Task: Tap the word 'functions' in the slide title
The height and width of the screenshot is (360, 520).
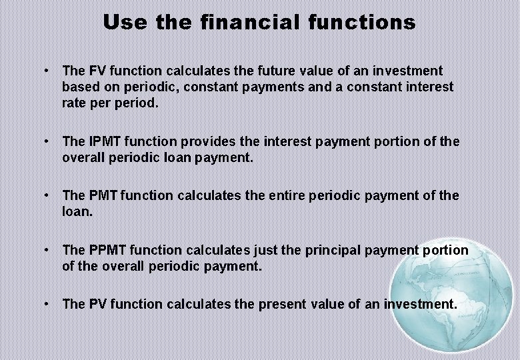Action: click(362, 23)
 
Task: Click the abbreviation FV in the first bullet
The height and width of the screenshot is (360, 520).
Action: click(97, 71)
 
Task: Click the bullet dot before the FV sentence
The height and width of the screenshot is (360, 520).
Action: click(45, 70)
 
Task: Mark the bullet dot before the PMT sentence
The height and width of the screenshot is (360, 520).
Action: click(45, 195)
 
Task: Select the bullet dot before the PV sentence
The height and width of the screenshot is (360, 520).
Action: click(45, 303)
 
